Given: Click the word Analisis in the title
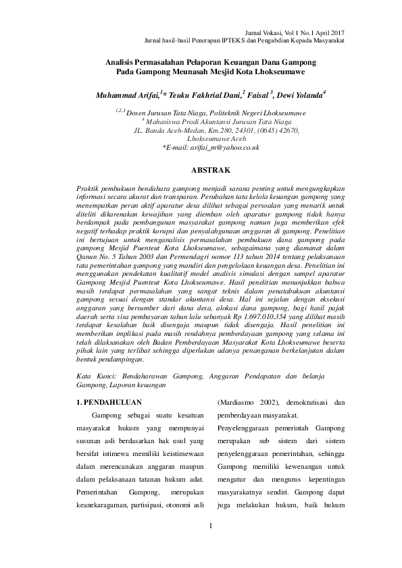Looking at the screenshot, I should pos(123,61).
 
